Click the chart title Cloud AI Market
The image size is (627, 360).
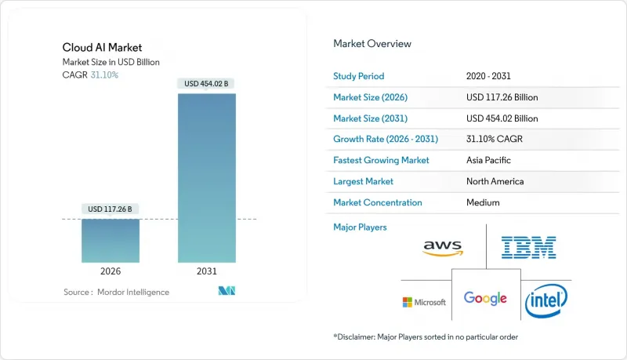pyautogui.click(x=98, y=48)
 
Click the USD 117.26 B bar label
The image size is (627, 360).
pyautogui.click(x=111, y=209)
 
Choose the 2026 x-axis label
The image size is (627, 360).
pyautogui.click(x=111, y=271)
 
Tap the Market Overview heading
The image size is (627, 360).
pyautogui.click(x=372, y=43)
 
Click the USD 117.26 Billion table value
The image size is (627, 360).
pyautogui.click(x=502, y=97)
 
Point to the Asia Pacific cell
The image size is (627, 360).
pyautogui.click(x=489, y=160)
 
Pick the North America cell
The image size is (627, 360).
pyautogui.click(x=495, y=181)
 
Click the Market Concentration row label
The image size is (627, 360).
pyautogui.click(x=378, y=202)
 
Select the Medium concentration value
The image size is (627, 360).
pyautogui.click(x=482, y=202)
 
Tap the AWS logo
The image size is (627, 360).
pyautogui.click(x=443, y=248)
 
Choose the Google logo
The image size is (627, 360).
pyautogui.click(x=485, y=298)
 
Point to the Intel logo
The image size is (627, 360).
pyautogui.click(x=546, y=300)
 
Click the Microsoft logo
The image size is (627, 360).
pyautogui.click(x=424, y=302)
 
